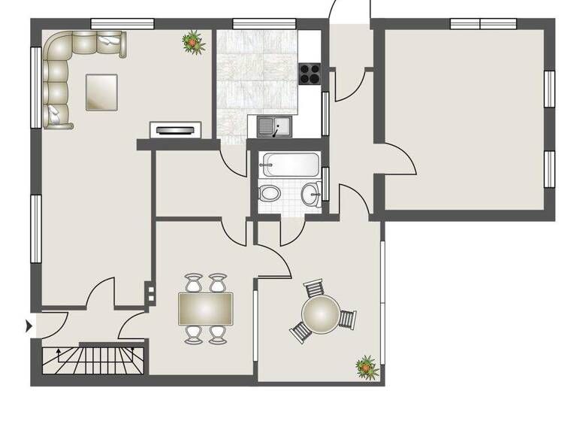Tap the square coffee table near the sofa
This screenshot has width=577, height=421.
(101, 92)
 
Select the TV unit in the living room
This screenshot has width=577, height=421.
(177, 130)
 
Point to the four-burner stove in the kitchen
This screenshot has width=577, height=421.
(310, 73)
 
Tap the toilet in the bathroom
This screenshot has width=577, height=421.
(268, 193)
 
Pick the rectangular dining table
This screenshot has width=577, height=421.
(206, 309)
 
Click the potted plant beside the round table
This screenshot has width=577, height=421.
(366, 367)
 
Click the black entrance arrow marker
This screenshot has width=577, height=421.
(29, 326)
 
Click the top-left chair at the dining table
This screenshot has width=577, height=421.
(194, 283)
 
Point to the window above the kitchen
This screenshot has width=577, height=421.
(264, 23)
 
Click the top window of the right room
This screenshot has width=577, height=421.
(479, 23)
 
